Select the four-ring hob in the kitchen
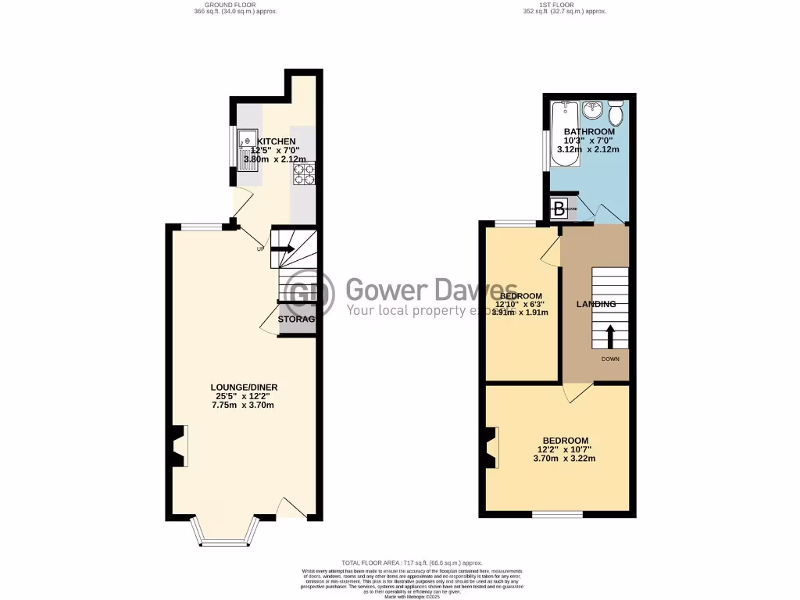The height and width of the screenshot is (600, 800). coord(303,172)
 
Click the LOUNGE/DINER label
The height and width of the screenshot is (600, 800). coord(244,387)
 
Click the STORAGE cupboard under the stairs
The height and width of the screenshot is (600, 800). coord(297,320)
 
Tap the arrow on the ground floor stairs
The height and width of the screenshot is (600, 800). coord(282,249)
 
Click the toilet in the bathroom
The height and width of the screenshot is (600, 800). coord(616,112)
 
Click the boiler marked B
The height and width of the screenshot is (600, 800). coord(559,208)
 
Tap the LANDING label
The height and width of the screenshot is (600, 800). coord(596,304)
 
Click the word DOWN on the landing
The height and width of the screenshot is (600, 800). coord(609,359)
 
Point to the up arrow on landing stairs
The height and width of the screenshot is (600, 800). coord(610,336)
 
